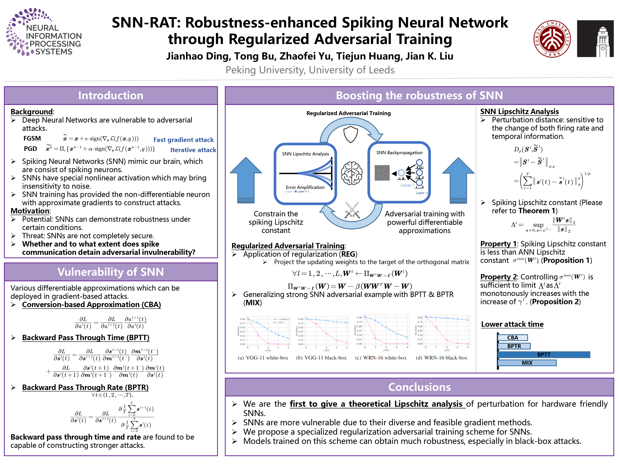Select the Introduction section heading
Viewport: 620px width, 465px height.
tap(111, 95)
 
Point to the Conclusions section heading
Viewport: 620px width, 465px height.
tap(419, 387)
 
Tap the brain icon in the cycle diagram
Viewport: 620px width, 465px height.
tap(352, 173)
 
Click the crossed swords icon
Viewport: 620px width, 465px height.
tap(352, 210)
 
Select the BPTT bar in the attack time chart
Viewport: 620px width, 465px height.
tap(544, 355)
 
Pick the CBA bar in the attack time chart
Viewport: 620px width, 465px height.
tap(513, 338)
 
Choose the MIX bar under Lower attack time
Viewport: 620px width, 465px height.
tap(527, 363)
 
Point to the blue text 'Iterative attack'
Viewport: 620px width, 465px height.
tap(193, 150)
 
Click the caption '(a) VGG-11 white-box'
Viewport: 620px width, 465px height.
tap(263, 358)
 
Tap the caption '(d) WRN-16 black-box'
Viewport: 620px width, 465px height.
tap(441, 358)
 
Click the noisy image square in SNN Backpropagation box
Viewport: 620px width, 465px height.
tap(382, 173)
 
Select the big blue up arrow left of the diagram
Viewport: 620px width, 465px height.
tap(246, 179)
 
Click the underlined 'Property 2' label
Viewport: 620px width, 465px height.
tap(498, 277)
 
